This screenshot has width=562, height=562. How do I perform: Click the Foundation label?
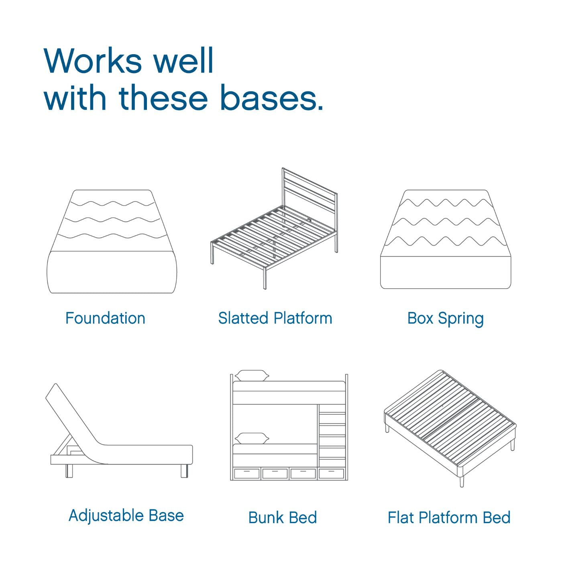(105, 318)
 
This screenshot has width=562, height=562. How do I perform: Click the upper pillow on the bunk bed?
(252, 376)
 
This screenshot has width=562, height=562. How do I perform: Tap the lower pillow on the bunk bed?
(252, 438)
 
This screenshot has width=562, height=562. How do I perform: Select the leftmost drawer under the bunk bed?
(247, 473)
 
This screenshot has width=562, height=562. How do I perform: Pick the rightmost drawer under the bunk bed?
(331, 473)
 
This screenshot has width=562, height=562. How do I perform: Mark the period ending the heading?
(320, 108)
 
